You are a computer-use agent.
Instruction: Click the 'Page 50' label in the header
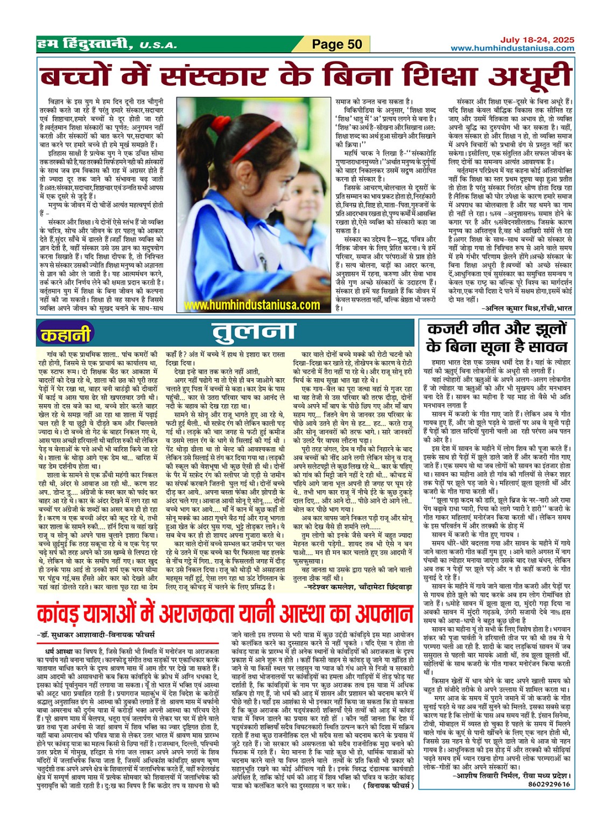(x=337, y=44)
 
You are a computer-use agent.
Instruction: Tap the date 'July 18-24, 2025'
(x=537, y=40)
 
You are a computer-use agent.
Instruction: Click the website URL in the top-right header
(x=512, y=48)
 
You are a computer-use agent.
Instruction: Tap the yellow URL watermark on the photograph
(x=251, y=305)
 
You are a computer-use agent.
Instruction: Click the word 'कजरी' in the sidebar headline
(x=448, y=329)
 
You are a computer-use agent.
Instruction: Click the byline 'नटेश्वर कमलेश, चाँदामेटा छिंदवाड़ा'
(x=358, y=587)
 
